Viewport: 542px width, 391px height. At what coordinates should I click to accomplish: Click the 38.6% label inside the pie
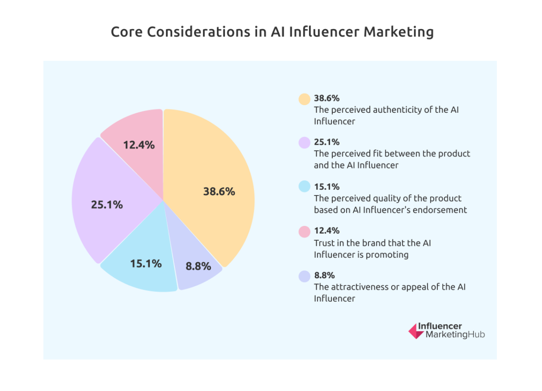(x=219, y=192)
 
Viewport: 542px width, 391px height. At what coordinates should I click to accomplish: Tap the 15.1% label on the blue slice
(x=146, y=263)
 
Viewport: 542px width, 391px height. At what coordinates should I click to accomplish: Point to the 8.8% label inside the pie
(x=198, y=266)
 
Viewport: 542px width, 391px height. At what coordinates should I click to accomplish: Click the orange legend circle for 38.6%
(x=304, y=99)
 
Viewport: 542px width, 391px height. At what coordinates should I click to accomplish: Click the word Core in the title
(x=126, y=32)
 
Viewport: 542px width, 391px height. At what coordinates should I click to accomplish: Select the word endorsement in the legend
(x=441, y=210)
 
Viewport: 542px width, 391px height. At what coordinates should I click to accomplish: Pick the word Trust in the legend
(x=323, y=243)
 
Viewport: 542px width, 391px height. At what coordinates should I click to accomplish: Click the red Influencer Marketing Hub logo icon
(x=416, y=331)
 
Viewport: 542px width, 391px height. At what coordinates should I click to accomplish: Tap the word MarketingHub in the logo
(x=455, y=335)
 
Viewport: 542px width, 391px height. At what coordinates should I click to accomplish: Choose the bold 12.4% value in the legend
(x=327, y=231)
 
